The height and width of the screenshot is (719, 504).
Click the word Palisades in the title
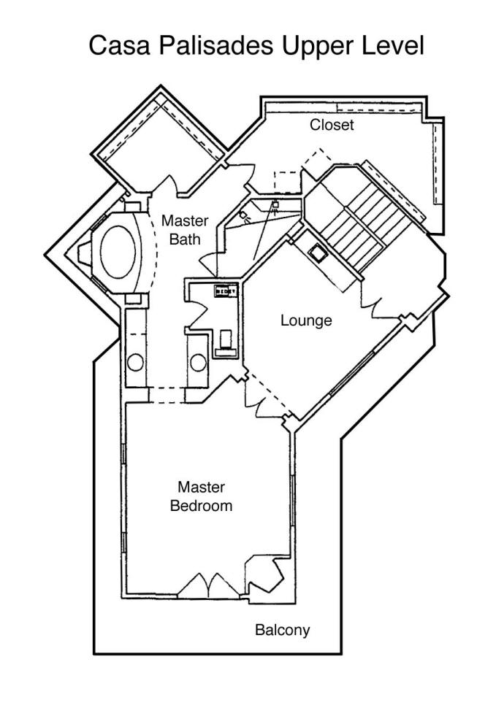point(216,46)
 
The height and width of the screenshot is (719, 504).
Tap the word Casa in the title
point(119,46)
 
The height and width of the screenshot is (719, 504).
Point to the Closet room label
point(332,125)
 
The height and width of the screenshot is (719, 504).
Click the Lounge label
point(306,320)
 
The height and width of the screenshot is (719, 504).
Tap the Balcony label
point(282,630)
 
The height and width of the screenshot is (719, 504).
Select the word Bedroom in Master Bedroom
point(201,506)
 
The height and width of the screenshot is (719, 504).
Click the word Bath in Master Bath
point(185,239)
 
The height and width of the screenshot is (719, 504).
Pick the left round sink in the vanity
point(136,363)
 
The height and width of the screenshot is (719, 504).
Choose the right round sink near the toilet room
point(198,363)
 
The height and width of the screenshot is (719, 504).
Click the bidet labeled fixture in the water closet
point(226,291)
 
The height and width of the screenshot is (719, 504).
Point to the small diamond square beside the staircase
point(317,253)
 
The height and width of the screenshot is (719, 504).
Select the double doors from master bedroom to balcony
point(209,585)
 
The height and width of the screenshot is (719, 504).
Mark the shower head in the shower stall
point(275,205)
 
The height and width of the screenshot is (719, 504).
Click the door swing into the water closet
point(196,312)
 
